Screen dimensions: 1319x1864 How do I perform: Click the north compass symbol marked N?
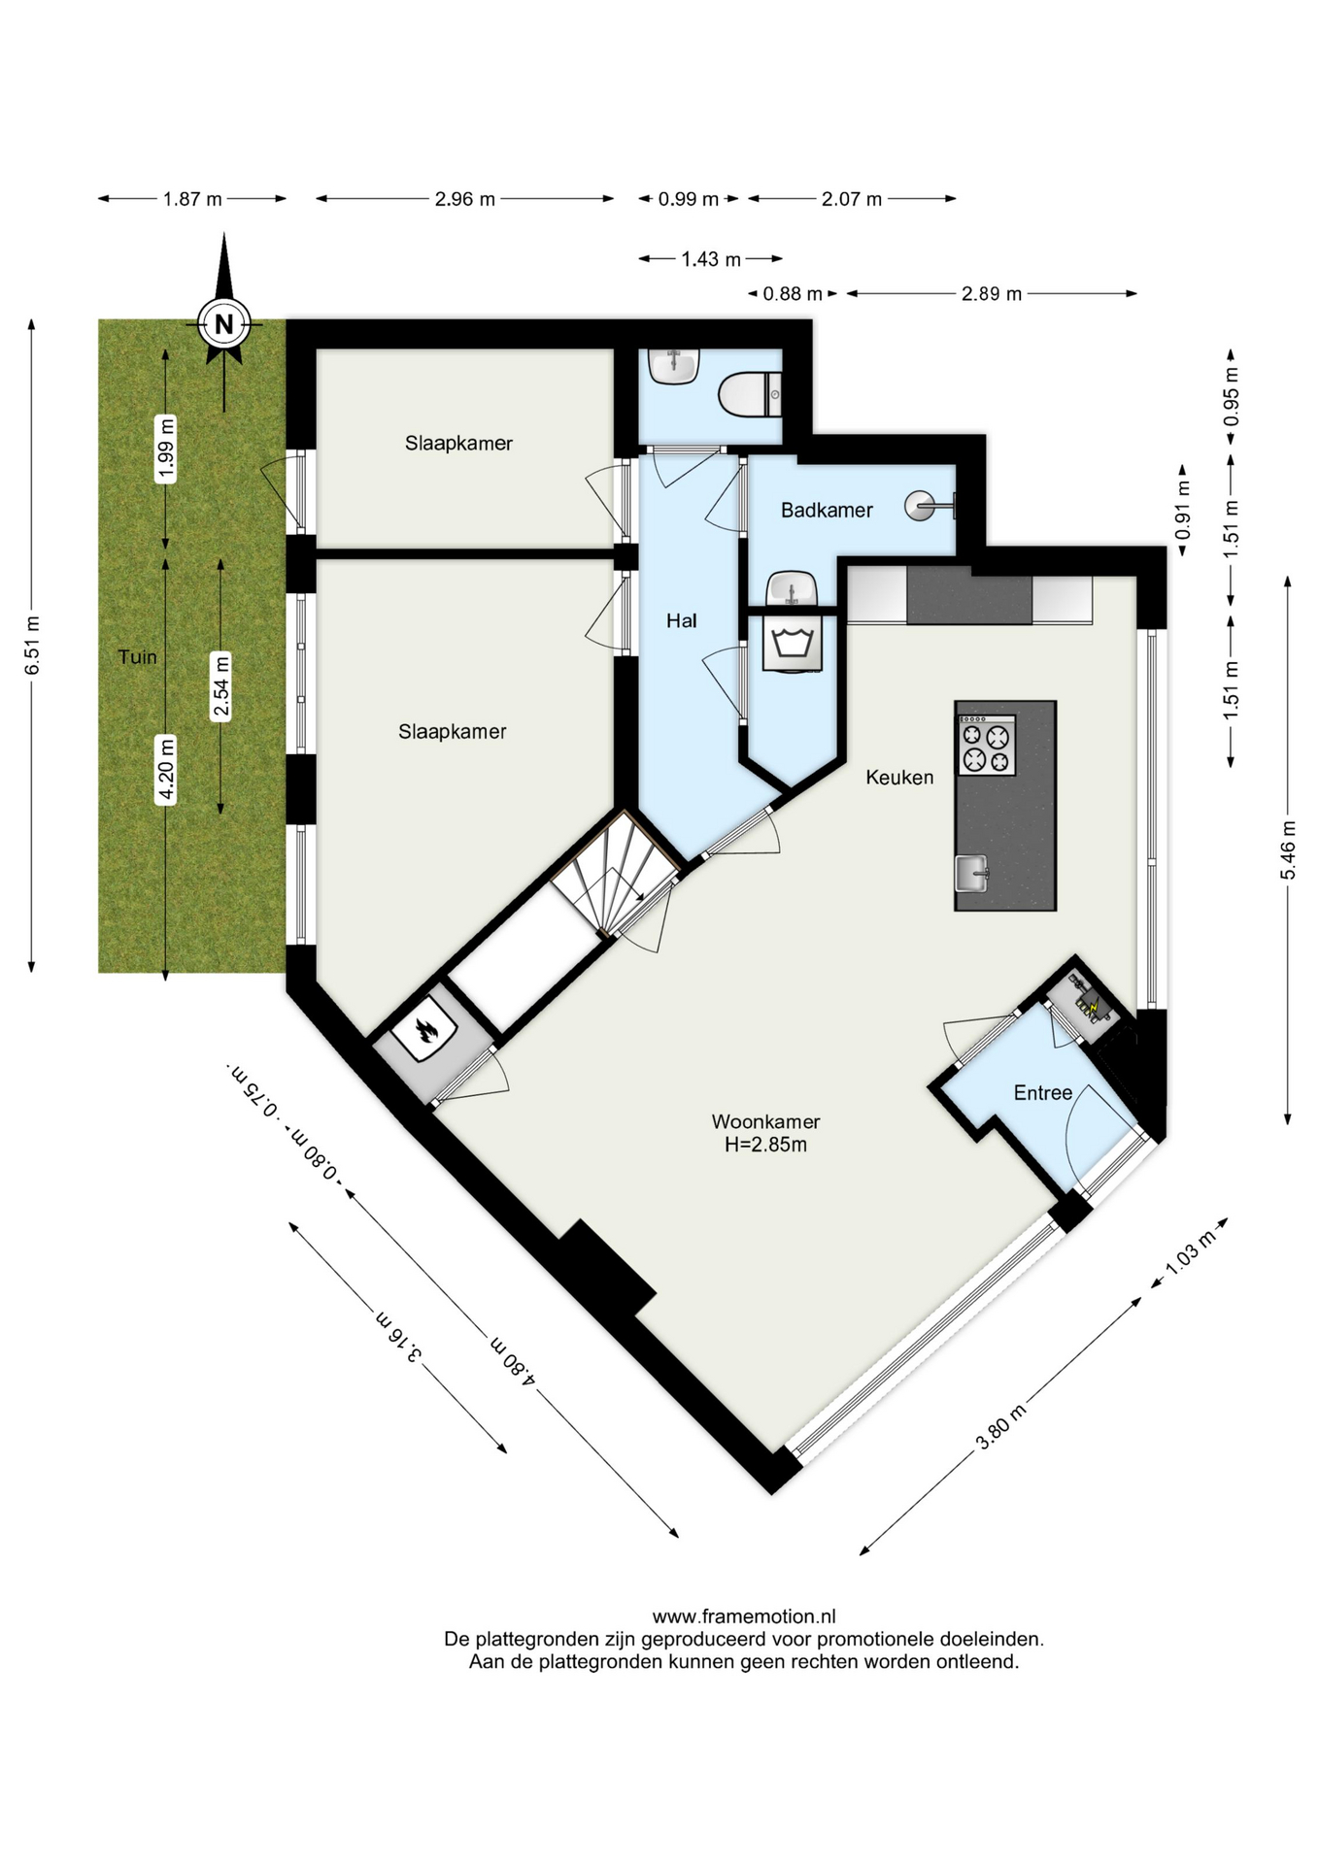(224, 323)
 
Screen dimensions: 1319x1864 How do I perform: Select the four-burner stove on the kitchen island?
(987, 745)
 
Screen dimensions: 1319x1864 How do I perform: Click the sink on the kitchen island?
(971, 873)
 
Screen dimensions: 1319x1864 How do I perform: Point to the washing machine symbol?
(793, 642)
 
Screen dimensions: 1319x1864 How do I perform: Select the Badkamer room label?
(827, 510)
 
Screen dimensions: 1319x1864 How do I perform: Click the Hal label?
(681, 620)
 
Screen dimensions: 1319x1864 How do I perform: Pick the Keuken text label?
(899, 777)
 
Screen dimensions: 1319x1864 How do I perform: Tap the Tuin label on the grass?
(137, 657)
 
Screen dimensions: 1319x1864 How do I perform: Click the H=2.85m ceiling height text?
(765, 1145)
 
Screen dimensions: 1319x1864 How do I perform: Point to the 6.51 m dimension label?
(32, 646)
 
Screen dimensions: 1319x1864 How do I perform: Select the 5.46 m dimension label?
(1288, 850)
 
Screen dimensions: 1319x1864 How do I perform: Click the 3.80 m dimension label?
(1000, 1427)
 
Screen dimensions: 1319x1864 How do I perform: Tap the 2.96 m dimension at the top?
(464, 199)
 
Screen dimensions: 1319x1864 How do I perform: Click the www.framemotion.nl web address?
(744, 1616)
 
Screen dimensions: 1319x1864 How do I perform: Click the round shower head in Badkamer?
(919, 506)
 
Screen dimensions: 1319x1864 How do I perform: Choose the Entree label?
(1042, 1093)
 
